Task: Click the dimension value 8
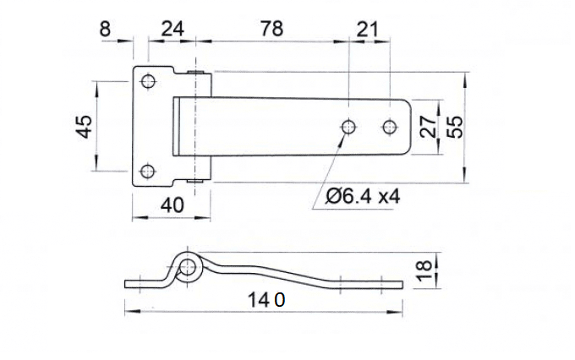105,29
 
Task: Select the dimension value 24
172,29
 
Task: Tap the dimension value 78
270,29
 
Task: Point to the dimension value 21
368,29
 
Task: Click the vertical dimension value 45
84,127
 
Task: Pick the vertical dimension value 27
428,127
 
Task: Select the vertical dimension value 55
454,127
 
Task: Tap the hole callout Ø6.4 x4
362,197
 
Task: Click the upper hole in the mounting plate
149,82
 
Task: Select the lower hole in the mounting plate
149,172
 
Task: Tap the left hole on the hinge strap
348,127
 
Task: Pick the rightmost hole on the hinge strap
389,127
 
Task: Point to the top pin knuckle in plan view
199,75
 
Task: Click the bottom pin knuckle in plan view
199,179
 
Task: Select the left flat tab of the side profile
140,281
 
